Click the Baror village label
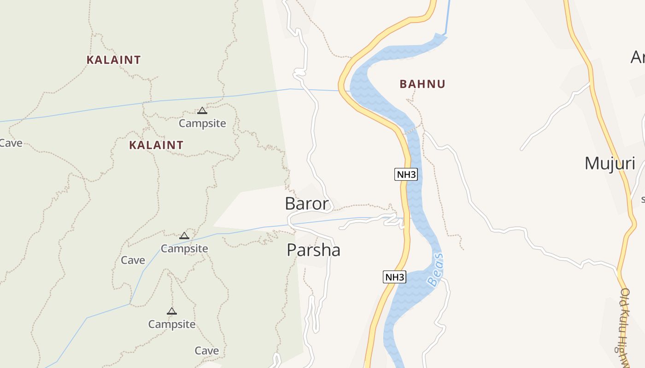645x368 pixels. click(307, 204)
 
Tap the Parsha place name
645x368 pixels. click(313, 250)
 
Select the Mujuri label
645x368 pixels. click(610, 163)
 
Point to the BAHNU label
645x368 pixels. click(422, 84)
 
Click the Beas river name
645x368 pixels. click(435, 270)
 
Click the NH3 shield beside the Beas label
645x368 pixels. click(395, 277)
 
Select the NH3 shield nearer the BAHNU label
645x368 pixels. click(406, 175)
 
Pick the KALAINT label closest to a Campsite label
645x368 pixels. click(156, 145)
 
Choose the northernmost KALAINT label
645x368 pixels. click(113, 60)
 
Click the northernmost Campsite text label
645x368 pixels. click(202, 123)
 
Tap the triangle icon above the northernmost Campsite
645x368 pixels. click(202, 110)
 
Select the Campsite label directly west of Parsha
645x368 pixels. click(184, 248)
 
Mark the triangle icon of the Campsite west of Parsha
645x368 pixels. click(184, 236)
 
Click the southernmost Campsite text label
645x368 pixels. click(172, 324)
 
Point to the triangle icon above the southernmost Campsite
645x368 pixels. click(172, 311)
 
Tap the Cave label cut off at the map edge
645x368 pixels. click(10, 143)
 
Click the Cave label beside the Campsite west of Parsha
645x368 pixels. click(133, 260)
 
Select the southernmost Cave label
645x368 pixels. click(206, 351)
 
